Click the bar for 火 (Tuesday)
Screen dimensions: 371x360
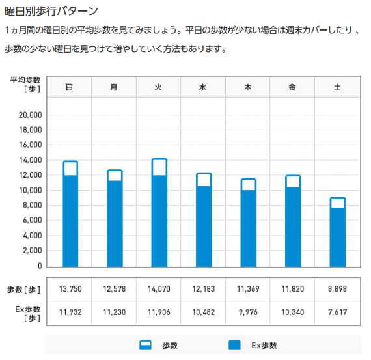[159, 213]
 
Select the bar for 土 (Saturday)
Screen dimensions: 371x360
[338, 232]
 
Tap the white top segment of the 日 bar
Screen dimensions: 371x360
[70, 169]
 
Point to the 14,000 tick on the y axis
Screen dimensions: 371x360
[31, 160]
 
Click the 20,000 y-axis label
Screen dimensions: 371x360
[31, 115]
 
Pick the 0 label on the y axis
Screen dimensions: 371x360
[40, 266]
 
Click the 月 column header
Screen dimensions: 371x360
[114, 87]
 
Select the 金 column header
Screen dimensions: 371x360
[292, 87]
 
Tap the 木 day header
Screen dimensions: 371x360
[248, 87]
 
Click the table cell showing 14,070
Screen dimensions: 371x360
[159, 289]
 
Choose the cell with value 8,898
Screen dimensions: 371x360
[337, 289]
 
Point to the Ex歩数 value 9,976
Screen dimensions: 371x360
[248, 312]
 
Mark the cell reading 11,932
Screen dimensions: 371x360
[70, 312]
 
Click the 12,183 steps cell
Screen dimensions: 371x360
[204, 289]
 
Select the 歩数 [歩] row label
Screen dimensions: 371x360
[23, 290]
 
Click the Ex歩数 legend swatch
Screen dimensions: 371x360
[234, 345]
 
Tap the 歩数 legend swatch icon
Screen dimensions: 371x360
[145, 345]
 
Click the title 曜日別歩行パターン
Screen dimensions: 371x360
[51, 11]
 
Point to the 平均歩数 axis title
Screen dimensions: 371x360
[25, 80]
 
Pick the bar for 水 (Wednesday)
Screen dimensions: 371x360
[204, 220]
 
